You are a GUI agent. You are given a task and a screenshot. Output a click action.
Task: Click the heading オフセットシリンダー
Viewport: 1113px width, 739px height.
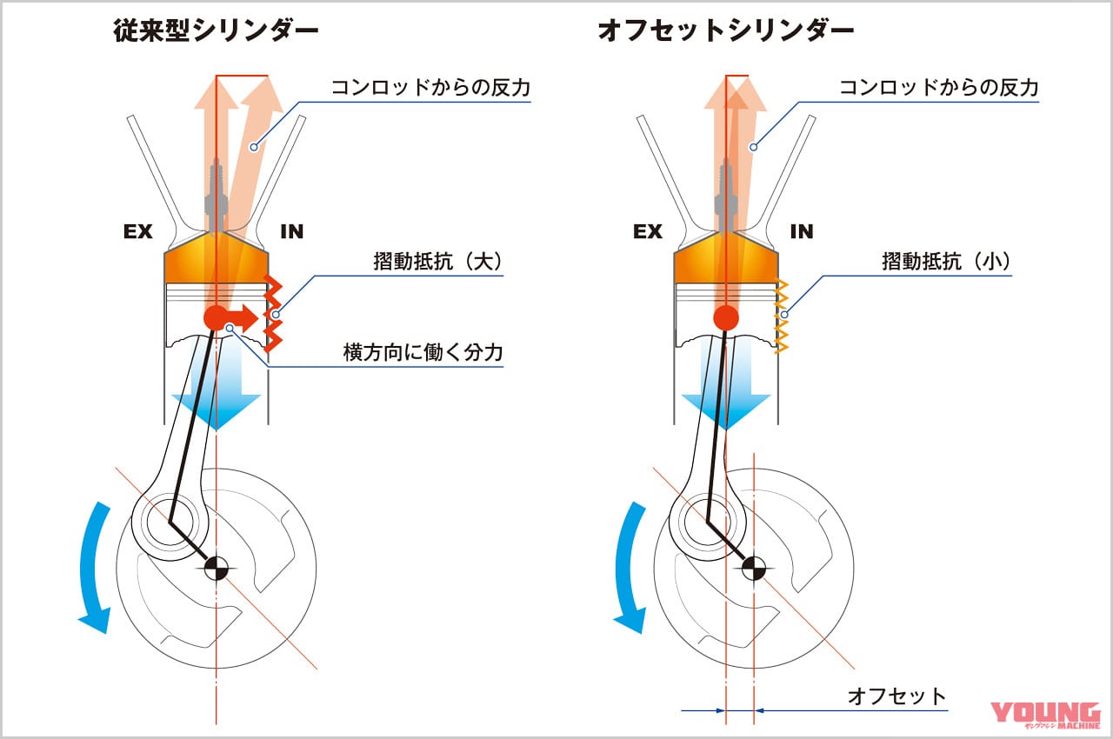click(x=725, y=31)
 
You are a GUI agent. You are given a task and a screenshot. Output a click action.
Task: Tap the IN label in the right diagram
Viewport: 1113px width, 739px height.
click(x=802, y=232)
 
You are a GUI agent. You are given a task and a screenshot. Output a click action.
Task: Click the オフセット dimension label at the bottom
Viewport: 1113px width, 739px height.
click(x=896, y=696)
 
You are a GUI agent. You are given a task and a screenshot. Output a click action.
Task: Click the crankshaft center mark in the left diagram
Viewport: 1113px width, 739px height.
click(x=215, y=569)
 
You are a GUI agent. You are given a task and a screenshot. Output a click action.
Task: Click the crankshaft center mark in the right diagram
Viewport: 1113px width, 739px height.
click(x=754, y=569)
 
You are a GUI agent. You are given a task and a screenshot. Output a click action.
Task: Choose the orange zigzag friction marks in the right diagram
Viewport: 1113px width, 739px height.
click(x=781, y=316)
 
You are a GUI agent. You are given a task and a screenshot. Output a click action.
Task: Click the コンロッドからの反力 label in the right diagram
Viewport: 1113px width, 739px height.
click(x=938, y=88)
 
